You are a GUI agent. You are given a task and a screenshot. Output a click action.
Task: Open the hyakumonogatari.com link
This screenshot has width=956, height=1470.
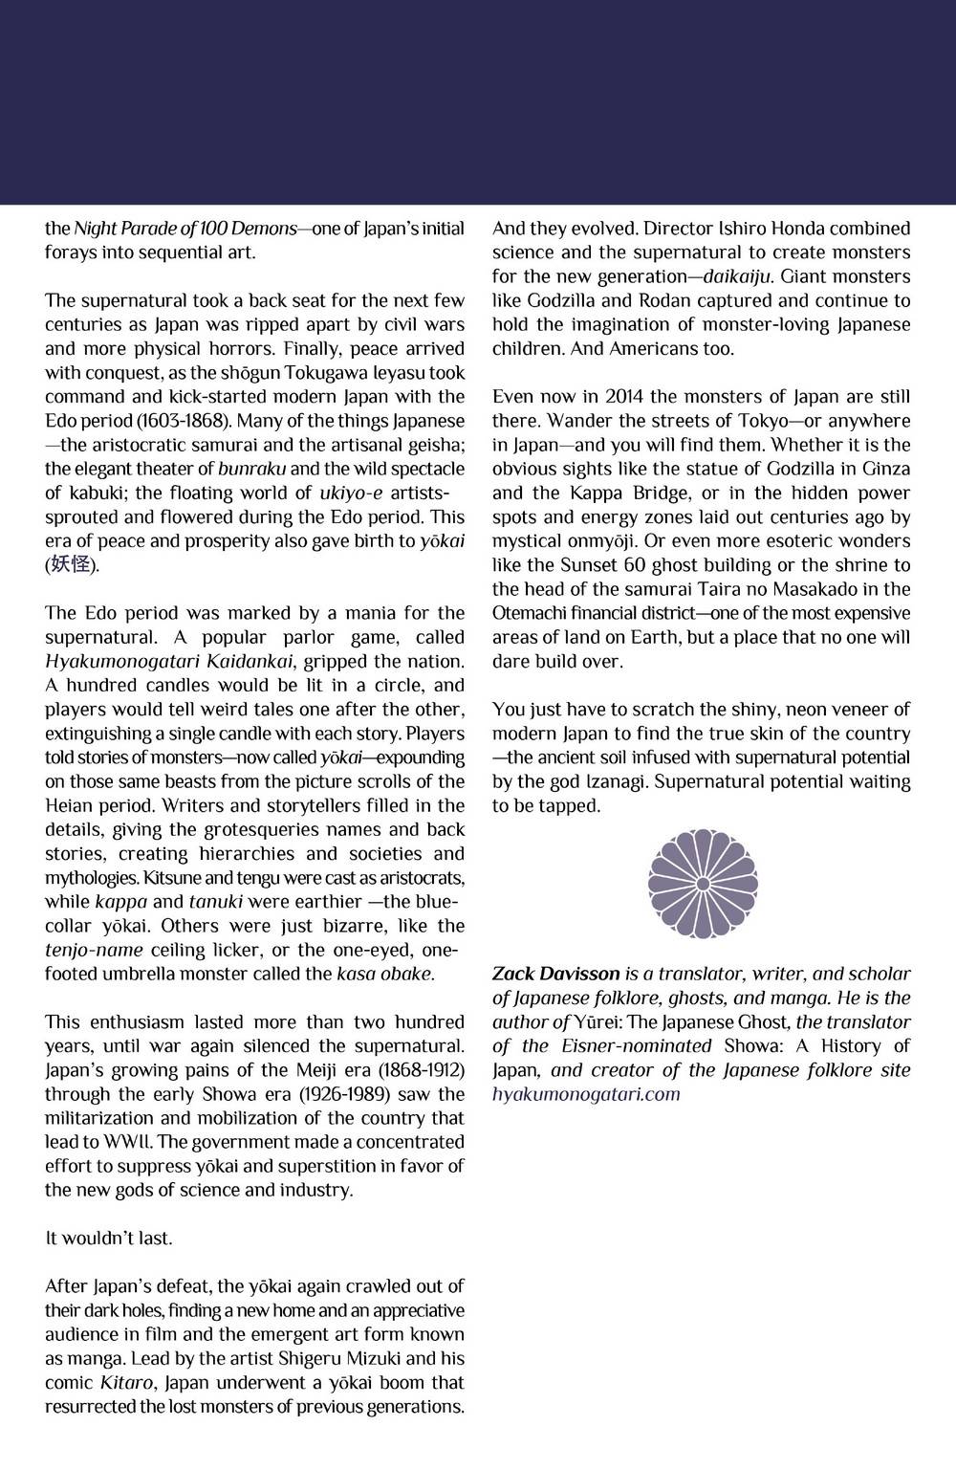[x=586, y=1094]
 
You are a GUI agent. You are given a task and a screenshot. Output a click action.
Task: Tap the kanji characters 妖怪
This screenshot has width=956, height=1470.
[x=71, y=564]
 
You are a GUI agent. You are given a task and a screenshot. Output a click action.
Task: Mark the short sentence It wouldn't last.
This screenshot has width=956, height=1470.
[x=108, y=1238]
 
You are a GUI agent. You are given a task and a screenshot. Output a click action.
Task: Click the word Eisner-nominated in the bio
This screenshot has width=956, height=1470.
[x=634, y=1045]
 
